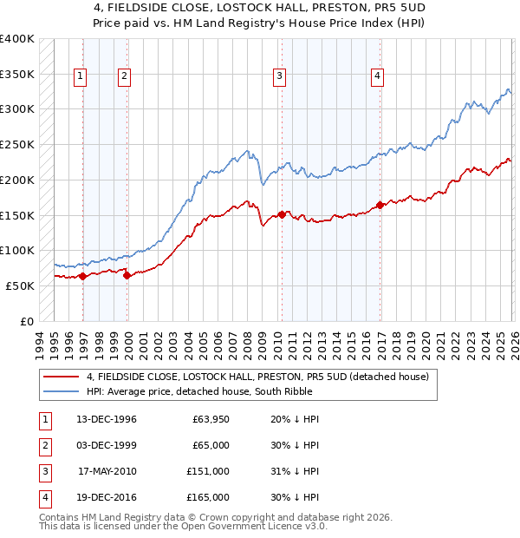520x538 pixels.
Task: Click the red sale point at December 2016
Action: (x=380, y=206)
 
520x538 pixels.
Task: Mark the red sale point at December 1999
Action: (x=127, y=276)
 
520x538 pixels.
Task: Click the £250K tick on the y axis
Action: (x=16, y=144)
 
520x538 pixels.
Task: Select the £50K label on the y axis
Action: (x=19, y=285)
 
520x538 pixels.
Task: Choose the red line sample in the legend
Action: (x=62, y=377)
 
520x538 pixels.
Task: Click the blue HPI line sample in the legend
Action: (x=62, y=391)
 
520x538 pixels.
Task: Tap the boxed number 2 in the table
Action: (x=43, y=445)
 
